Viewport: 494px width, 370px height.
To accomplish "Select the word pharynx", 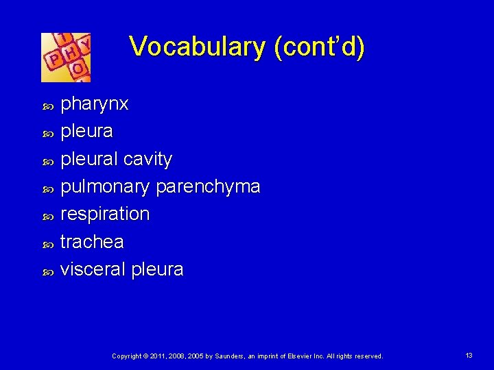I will pyautogui.click(x=94, y=105).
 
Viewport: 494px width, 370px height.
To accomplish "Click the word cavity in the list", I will pyautogui.click(x=149, y=159).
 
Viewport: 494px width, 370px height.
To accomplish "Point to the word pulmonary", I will pyautogui.click(x=106, y=187).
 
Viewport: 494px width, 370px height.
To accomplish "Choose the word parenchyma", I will pyautogui.click(x=208, y=187).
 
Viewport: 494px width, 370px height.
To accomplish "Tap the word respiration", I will pyautogui.click(x=105, y=214).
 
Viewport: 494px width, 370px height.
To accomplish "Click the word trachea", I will pyautogui.click(x=92, y=241).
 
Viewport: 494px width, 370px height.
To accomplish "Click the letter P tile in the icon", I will pyautogui.click(x=53, y=61).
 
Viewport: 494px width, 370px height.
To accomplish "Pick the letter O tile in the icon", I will pyautogui.click(x=79, y=69).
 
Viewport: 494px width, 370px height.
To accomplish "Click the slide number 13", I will pyautogui.click(x=469, y=356).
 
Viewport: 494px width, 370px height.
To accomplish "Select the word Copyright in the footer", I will pyautogui.click(x=127, y=356).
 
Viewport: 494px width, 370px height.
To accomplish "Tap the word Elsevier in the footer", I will pyautogui.click(x=297, y=356).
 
